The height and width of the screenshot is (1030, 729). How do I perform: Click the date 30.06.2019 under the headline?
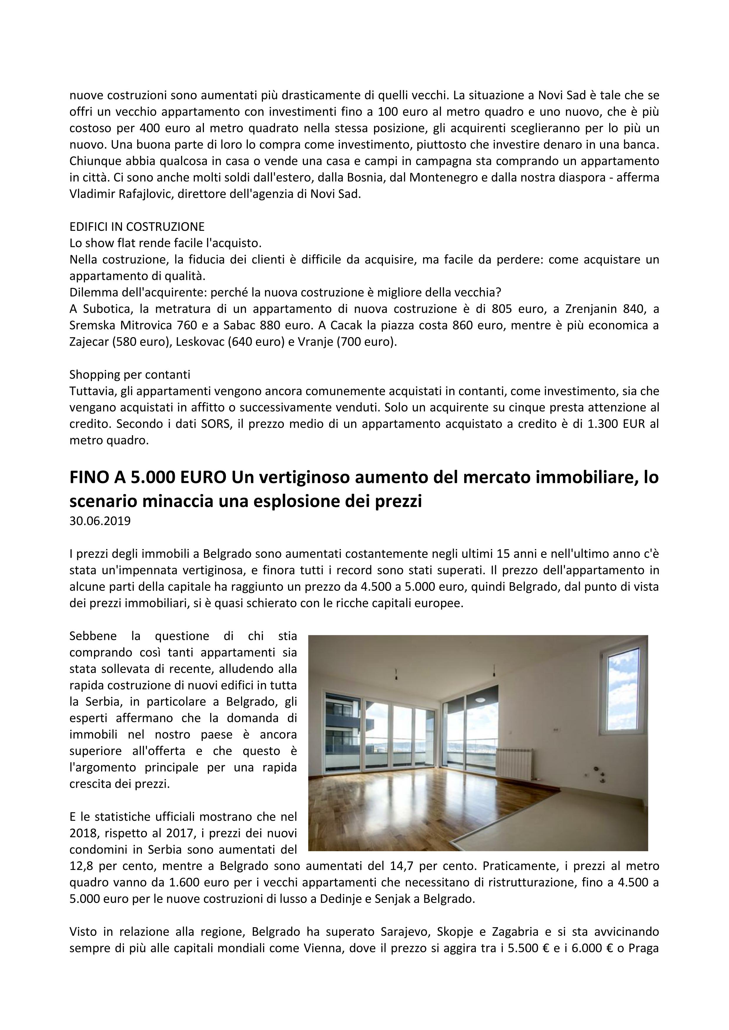pyautogui.click(x=100, y=521)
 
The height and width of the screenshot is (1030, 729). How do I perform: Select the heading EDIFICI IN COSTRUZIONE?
pyautogui.click(x=137, y=227)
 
